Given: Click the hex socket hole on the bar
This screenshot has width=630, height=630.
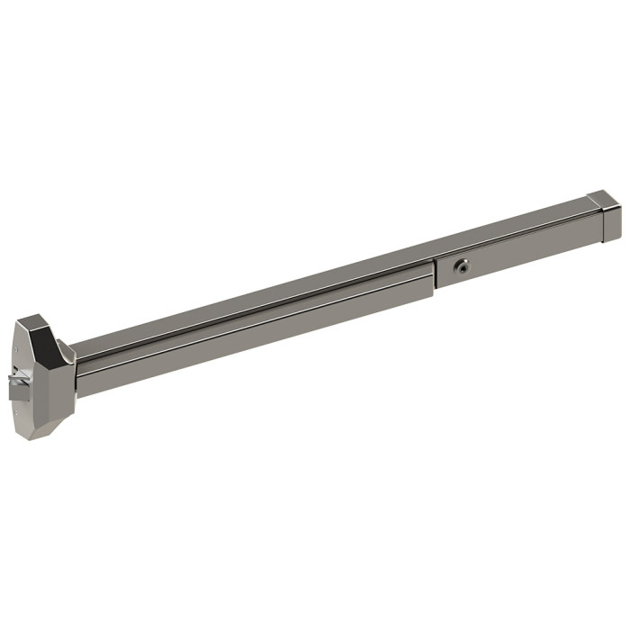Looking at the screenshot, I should tap(462, 266).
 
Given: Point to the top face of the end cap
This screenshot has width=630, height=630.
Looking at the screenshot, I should tap(599, 198).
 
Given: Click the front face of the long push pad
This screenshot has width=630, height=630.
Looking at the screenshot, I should tap(252, 333).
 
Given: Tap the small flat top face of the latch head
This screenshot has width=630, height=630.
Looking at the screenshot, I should tap(36, 319).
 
